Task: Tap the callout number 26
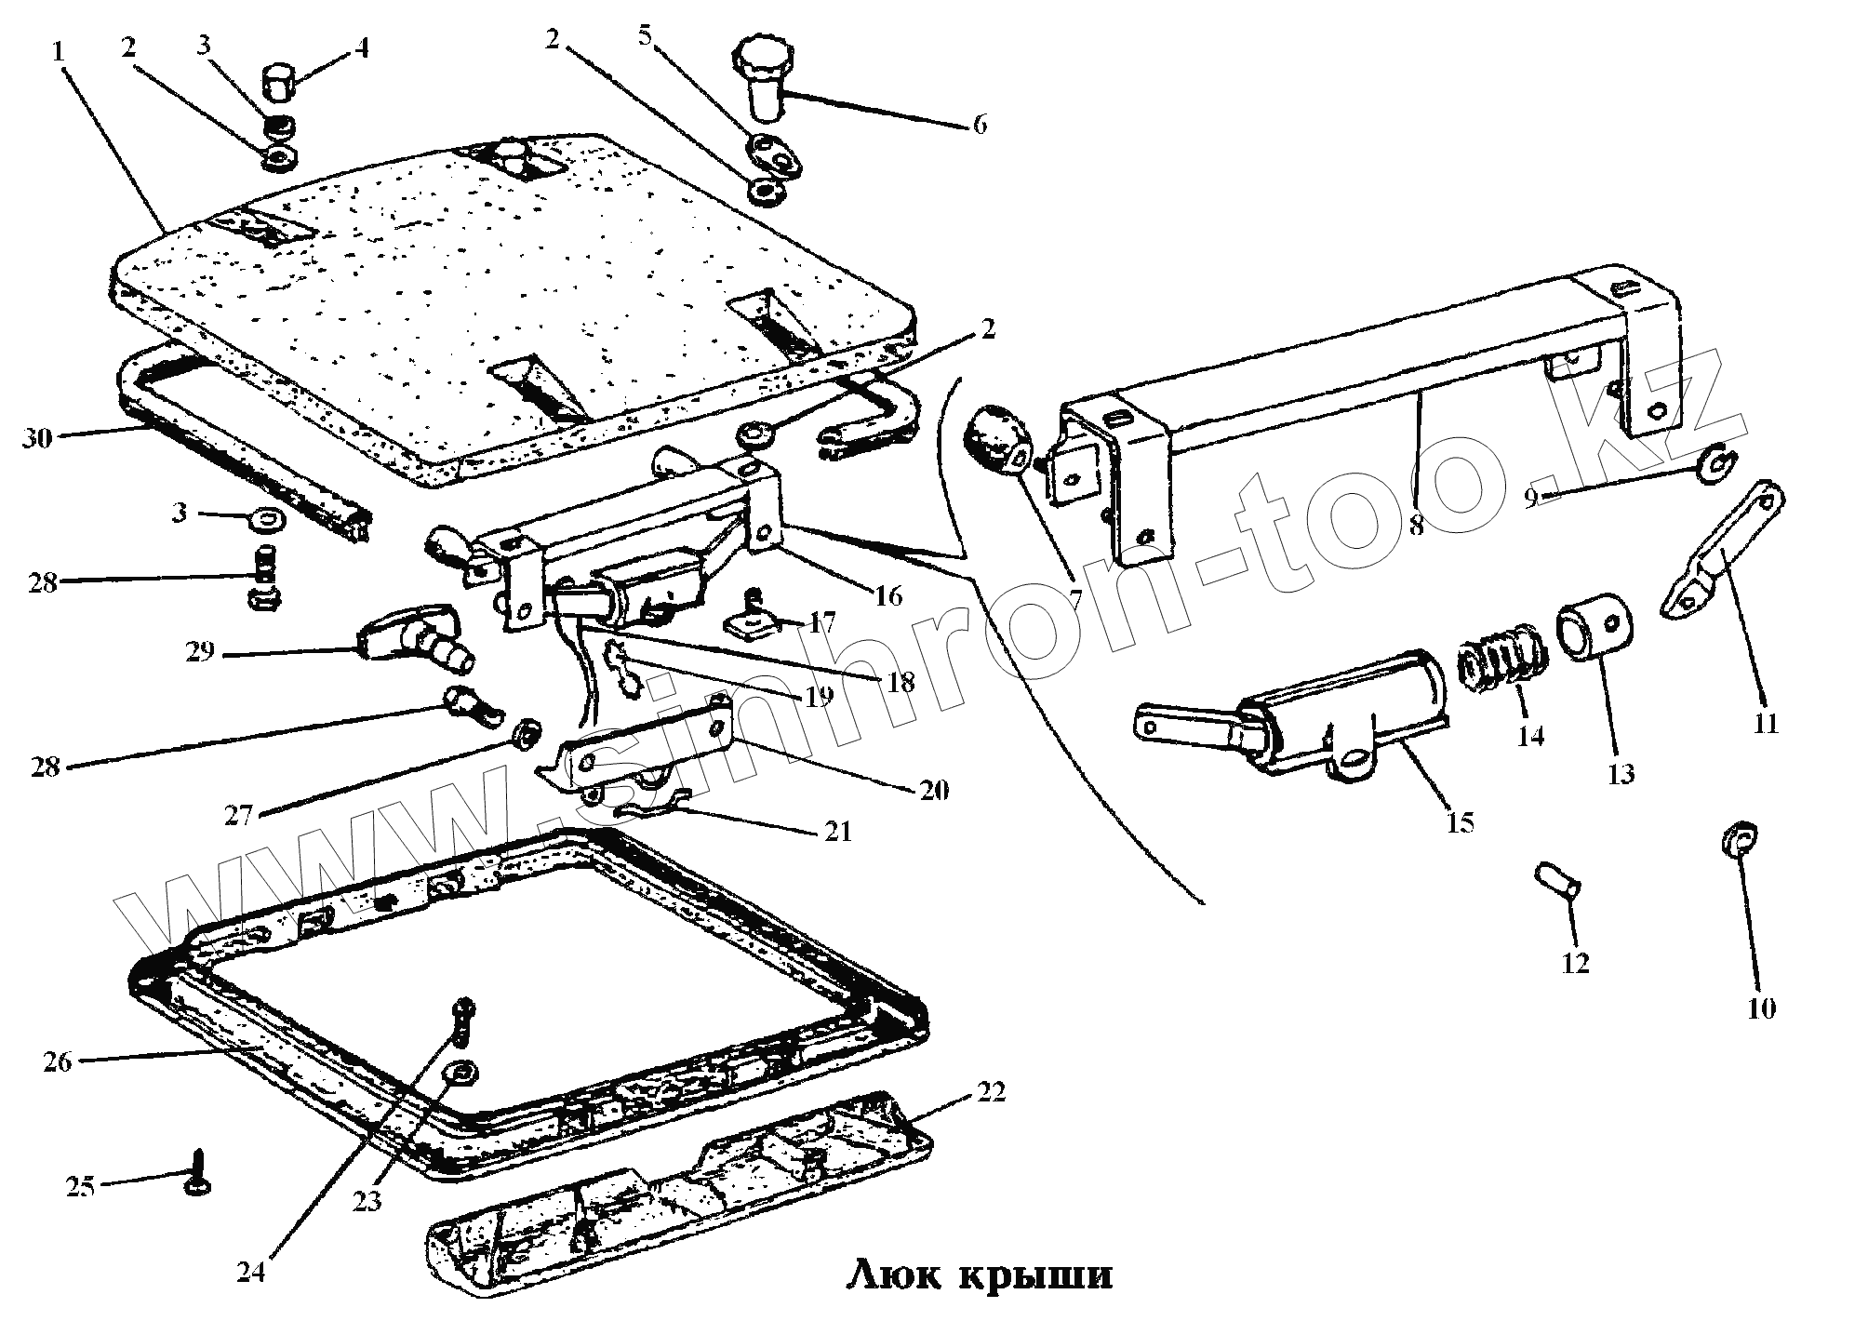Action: pyautogui.click(x=58, y=1061)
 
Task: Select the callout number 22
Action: pyautogui.click(x=991, y=1092)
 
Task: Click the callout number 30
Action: pyautogui.click(x=38, y=437)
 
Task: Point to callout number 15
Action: pyautogui.click(x=1460, y=822)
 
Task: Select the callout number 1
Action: pyautogui.click(x=58, y=51)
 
